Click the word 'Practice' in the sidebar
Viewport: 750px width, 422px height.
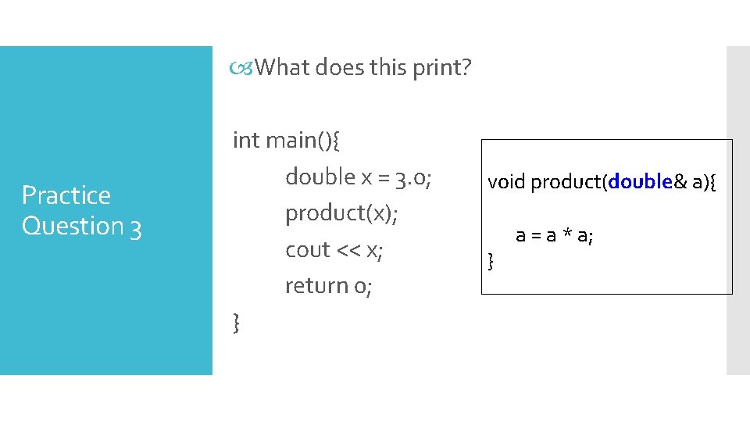pos(66,195)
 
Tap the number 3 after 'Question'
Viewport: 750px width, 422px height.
pos(135,227)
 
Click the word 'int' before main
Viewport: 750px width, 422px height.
pos(246,140)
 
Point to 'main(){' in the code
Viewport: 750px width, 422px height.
pos(303,141)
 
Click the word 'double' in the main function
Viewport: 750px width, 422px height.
pos(320,177)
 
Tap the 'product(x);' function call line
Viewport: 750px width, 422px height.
pos(341,213)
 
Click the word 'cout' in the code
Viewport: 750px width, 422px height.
pos(308,250)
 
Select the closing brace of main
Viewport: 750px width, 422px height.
pos(237,322)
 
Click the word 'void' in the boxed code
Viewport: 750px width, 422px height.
pos(506,182)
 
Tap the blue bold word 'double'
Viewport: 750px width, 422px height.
pos(641,182)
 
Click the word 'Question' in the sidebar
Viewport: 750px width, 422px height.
pos(73,226)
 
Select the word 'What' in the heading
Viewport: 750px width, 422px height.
pos(282,68)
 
